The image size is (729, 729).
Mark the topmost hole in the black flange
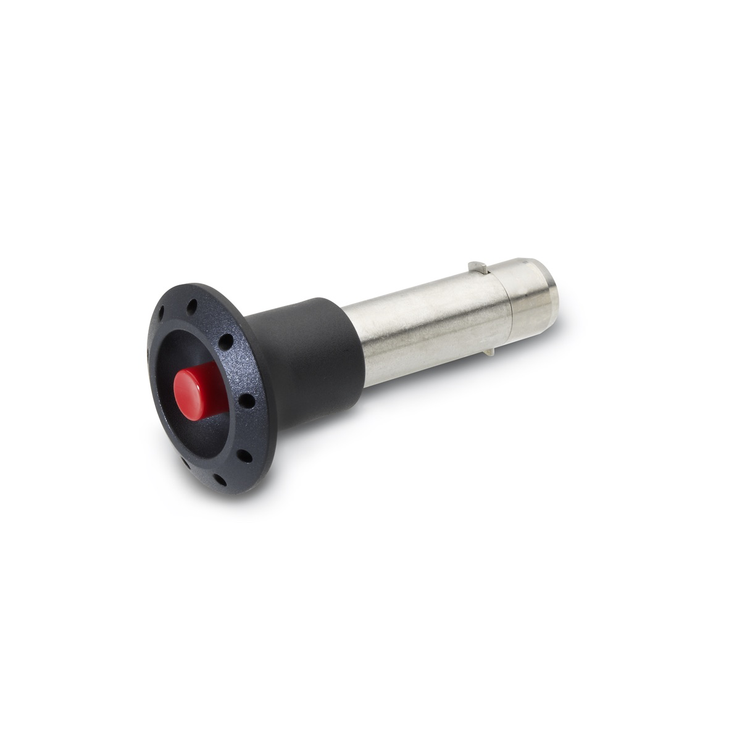(x=193, y=305)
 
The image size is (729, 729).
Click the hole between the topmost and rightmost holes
(x=228, y=340)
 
